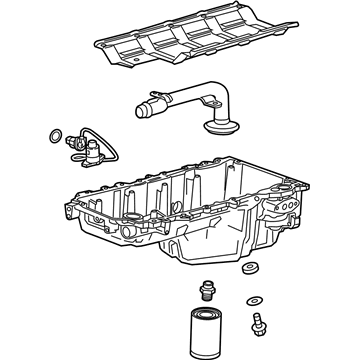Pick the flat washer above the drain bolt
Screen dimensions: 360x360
click(x=256, y=301)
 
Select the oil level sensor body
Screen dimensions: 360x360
click(x=83, y=151)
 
